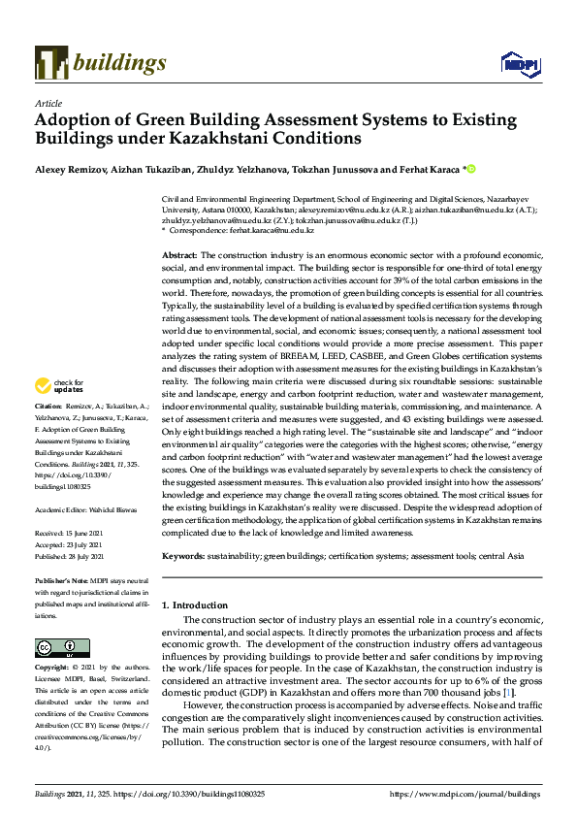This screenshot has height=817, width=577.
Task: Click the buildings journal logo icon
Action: click(50, 63)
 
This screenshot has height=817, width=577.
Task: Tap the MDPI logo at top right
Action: click(519, 64)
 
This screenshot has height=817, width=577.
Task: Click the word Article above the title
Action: click(48, 102)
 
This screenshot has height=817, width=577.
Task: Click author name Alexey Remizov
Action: click(71, 169)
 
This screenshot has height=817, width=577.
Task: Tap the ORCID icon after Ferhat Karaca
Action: click(472, 169)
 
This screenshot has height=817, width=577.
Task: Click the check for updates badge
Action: click(59, 384)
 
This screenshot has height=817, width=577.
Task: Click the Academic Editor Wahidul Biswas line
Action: click(85, 509)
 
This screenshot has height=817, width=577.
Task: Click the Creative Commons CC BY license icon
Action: click(56, 648)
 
